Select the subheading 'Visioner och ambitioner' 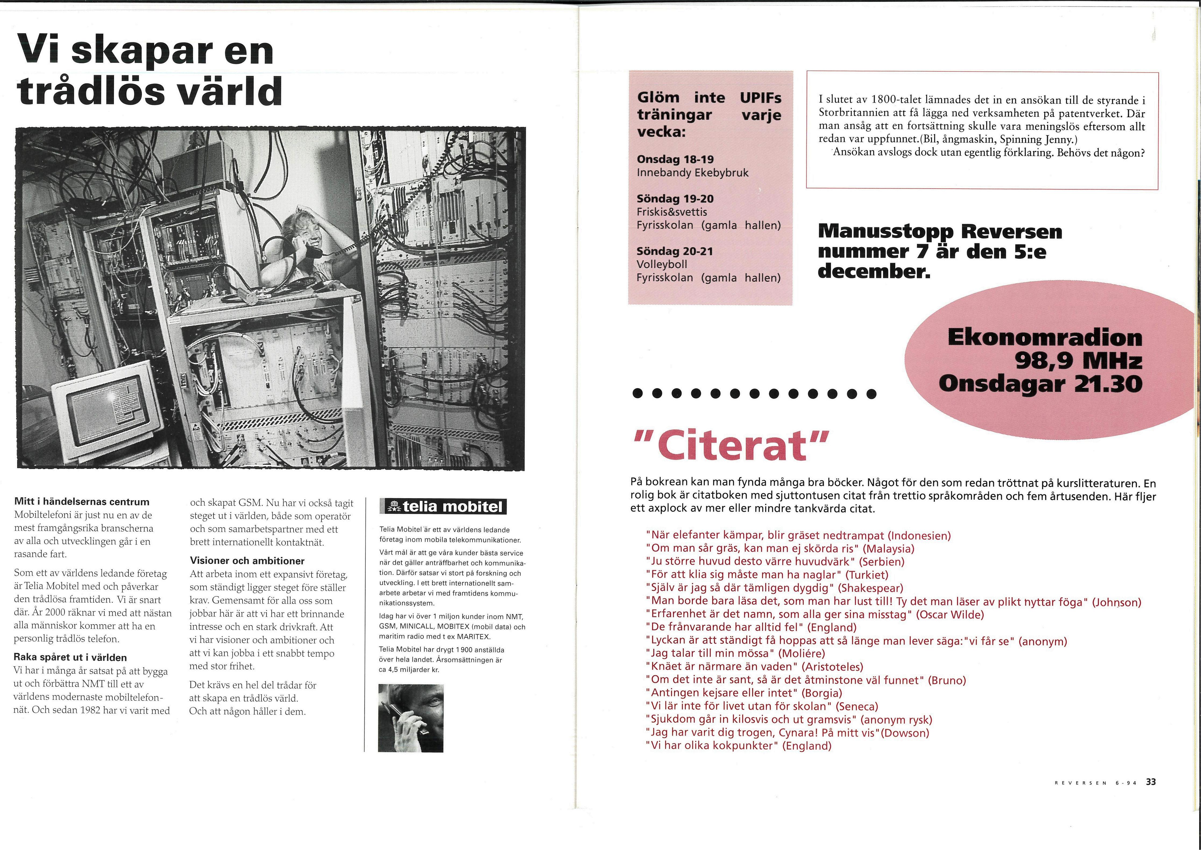pyautogui.click(x=247, y=561)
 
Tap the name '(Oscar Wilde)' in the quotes pyautogui.click(x=950, y=614)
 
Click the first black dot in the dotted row pyautogui.click(x=637, y=393)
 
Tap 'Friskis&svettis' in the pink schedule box pyautogui.click(x=672, y=212)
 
